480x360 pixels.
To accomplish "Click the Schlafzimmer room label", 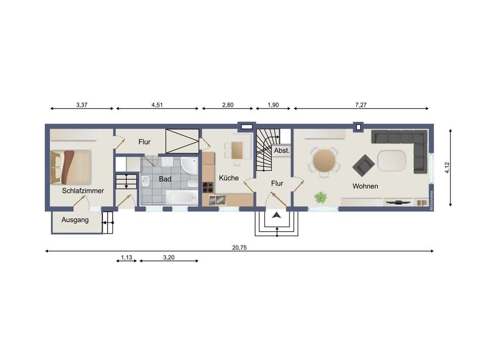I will [83, 191].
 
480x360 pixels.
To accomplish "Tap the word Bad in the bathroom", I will [165, 179].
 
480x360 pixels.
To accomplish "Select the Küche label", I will [228, 178].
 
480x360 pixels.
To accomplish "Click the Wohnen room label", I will [365, 186].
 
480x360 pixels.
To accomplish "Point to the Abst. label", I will [281, 151].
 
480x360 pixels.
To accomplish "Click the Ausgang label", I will [75, 220].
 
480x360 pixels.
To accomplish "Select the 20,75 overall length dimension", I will [239, 247].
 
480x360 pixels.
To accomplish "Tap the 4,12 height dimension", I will [446, 168].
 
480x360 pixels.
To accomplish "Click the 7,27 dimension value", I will [360, 105].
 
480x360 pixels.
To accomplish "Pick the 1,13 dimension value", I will [126, 257].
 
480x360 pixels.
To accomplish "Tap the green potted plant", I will [320, 197].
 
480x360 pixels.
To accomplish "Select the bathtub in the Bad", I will [181, 197].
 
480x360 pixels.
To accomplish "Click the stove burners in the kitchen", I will [208, 187].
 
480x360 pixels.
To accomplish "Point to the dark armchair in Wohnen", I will [364, 165].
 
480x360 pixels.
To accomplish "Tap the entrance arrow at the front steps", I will [276, 216].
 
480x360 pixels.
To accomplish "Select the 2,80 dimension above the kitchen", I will [227, 105].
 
